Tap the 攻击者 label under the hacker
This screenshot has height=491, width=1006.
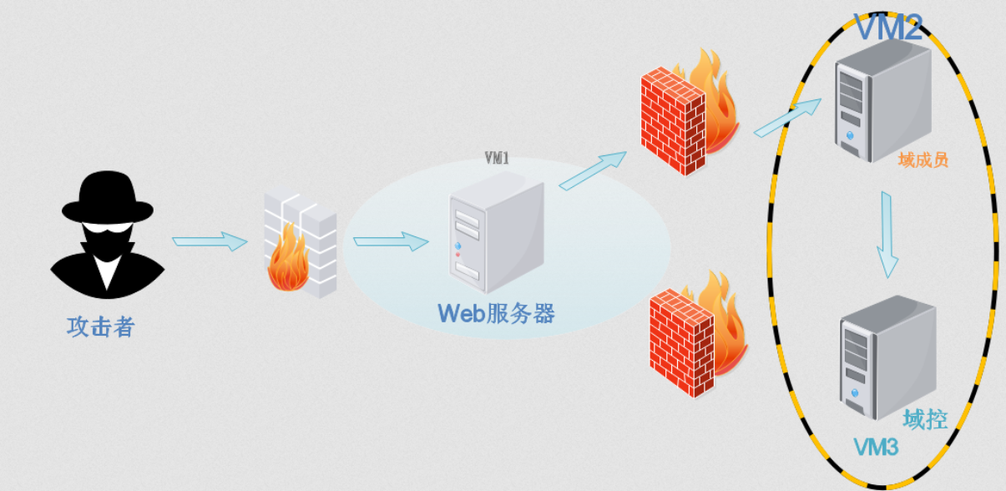click(100, 326)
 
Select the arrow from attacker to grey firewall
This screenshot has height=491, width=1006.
click(210, 242)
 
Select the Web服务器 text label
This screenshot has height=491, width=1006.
click(497, 313)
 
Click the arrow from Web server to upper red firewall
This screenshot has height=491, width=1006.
click(593, 170)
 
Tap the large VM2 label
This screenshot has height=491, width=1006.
click(888, 29)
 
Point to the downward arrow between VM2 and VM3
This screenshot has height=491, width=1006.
click(888, 234)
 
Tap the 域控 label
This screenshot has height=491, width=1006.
click(925, 418)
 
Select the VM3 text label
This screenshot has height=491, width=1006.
click(875, 448)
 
